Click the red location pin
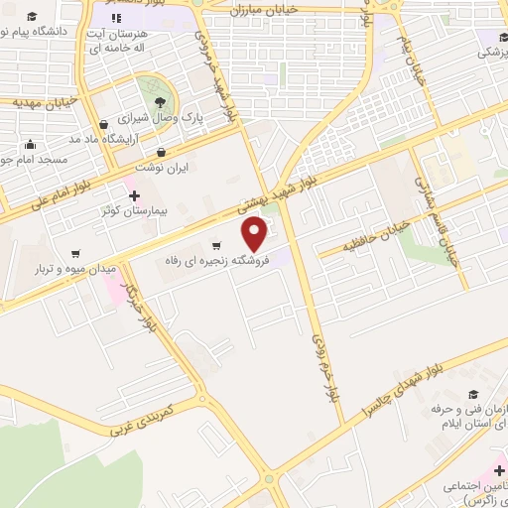(x=256, y=233)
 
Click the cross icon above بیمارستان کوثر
(x=135, y=195)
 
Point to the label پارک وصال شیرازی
(x=167, y=117)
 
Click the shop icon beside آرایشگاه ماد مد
(x=104, y=125)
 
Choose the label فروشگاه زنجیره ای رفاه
(x=217, y=260)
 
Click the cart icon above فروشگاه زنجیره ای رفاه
(x=216, y=245)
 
